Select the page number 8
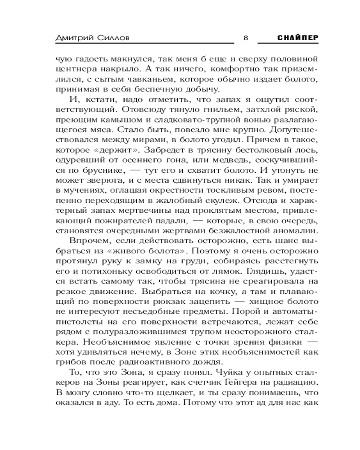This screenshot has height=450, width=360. pos(245,38)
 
